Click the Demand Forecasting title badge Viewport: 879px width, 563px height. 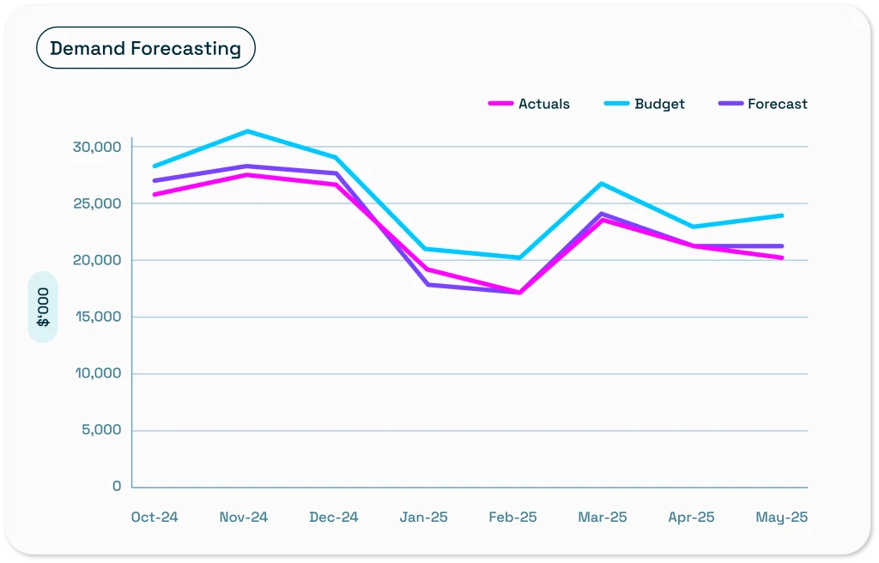click(145, 48)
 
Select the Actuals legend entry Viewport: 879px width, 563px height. click(530, 104)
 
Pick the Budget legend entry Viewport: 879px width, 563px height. click(645, 104)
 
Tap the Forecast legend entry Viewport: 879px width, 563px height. click(762, 104)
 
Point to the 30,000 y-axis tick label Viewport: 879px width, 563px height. click(97, 147)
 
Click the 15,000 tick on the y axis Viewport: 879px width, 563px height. click(97, 317)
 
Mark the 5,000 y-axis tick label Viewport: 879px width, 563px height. click(101, 430)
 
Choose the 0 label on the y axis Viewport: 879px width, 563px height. click(117, 487)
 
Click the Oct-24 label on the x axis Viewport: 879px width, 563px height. click(155, 518)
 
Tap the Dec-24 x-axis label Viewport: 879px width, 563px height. click(334, 518)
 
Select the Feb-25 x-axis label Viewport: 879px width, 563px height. click(512, 518)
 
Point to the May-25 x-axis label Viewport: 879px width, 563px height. click(781, 518)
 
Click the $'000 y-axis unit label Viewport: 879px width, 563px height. click(43, 307)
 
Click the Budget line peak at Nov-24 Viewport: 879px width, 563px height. click(247, 131)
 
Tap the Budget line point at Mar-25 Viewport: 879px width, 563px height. click(603, 184)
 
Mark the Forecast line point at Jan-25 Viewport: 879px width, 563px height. click(427, 284)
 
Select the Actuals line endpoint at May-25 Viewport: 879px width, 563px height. click(781, 257)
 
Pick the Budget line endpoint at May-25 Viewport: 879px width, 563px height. click(781, 215)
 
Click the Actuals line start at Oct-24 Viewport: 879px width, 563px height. click(155, 195)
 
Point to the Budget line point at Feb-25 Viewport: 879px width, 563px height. click(519, 257)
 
